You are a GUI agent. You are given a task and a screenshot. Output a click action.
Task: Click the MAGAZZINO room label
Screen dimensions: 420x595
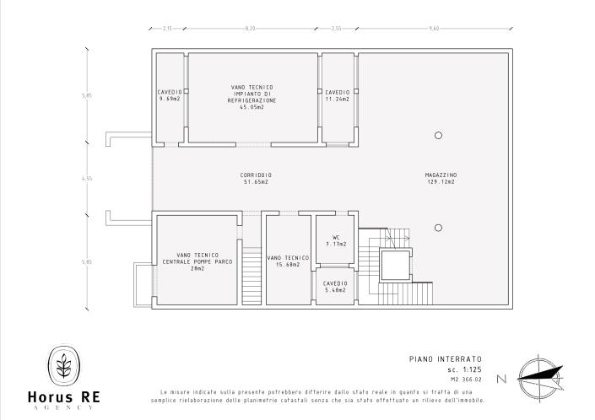[x=440, y=175]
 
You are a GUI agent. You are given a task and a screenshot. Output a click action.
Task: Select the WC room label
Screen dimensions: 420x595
[x=336, y=237]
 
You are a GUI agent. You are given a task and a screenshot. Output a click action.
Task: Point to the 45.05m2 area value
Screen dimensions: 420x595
[x=252, y=107]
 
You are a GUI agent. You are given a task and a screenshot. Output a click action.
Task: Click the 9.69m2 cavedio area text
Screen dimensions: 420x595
[x=170, y=99]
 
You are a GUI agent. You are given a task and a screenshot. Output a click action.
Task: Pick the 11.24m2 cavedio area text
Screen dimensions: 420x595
[x=338, y=99]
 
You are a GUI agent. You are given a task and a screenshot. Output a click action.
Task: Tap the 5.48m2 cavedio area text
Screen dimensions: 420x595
[x=336, y=290]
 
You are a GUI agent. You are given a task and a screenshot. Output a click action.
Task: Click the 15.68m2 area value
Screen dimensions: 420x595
[x=288, y=264]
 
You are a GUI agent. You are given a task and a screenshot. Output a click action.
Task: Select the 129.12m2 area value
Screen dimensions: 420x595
[x=440, y=182]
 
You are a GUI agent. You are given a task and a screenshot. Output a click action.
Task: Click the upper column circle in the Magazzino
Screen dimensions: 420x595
[x=438, y=135]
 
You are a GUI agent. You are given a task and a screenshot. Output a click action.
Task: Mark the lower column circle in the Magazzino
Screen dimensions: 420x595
[x=438, y=228]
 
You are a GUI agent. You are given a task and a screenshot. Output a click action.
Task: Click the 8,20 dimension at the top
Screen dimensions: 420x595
[x=250, y=29]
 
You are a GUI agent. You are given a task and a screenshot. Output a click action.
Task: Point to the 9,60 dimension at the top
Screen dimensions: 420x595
[x=434, y=29]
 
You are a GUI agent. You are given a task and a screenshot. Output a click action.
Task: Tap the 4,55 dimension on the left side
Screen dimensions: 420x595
[x=87, y=179]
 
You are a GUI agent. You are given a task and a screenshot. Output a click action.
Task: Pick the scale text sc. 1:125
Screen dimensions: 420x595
[x=464, y=369]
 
